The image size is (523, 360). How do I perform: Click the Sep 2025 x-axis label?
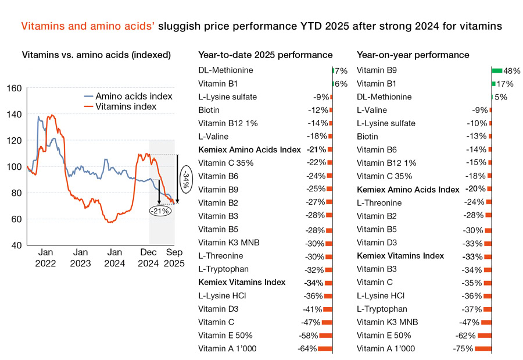tap(175, 258)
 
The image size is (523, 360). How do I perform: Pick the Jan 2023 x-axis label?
tap(80, 258)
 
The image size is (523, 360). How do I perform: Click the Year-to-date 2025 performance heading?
tap(266, 55)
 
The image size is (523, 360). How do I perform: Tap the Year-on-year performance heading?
tap(413, 55)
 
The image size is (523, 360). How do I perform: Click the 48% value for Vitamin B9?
tap(511, 71)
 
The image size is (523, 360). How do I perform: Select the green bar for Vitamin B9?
tap(496, 70)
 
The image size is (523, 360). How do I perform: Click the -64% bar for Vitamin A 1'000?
tap(325, 349)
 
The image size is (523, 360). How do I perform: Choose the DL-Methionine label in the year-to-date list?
tap(225, 70)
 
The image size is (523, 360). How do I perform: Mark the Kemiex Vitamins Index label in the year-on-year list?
tap(400, 256)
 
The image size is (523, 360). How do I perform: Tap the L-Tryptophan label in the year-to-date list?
tap(223, 269)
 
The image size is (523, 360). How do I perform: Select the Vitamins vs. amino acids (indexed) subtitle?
tap(96, 55)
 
